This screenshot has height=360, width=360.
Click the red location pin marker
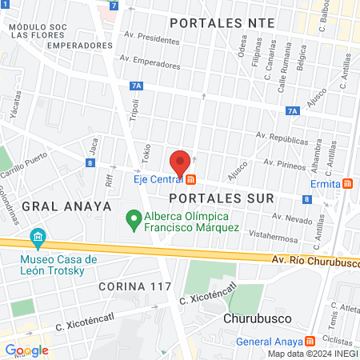(x=181, y=162)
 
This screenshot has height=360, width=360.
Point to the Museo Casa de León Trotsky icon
(x=37, y=238)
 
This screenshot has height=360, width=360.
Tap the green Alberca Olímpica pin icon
(x=132, y=217)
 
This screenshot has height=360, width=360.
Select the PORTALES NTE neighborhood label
(x=234, y=22)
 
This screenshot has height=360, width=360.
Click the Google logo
(x=26, y=350)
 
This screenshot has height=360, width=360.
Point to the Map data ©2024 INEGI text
(x=312, y=354)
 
